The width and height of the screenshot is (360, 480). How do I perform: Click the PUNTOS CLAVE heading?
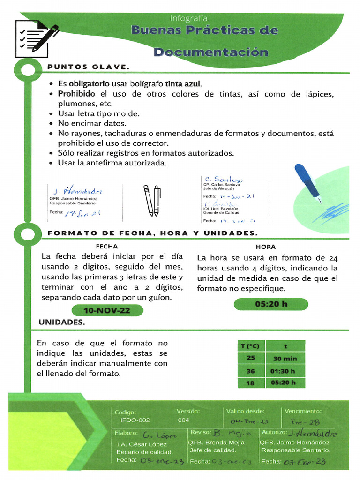(x=88, y=67)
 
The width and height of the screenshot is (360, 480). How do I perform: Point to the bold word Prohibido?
(x=76, y=94)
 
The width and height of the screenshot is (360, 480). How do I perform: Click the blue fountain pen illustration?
(x=307, y=183)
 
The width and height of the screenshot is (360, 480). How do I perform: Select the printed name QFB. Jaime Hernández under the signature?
(x=73, y=198)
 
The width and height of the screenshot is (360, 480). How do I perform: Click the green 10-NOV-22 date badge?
(x=106, y=310)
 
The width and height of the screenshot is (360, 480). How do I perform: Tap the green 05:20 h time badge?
(x=271, y=304)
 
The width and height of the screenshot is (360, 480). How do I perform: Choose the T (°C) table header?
(x=250, y=346)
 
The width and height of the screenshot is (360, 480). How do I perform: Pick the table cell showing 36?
(x=251, y=370)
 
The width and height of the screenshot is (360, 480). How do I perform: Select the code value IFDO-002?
(x=135, y=420)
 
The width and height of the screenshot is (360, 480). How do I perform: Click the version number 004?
(x=183, y=420)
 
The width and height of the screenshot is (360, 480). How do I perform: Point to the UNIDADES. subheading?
(x=61, y=322)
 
